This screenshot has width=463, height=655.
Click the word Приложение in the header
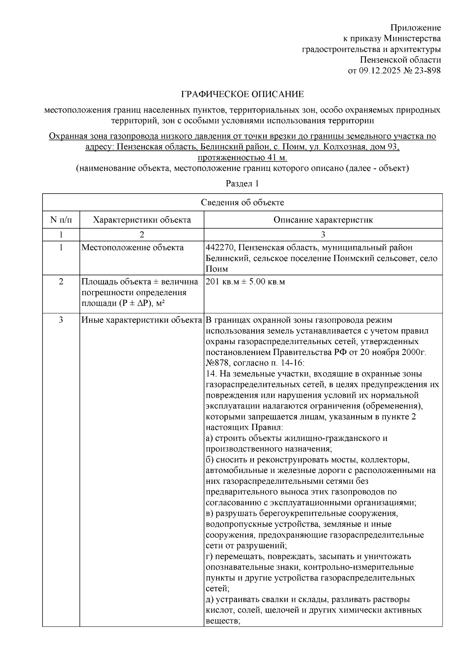tap(415, 28)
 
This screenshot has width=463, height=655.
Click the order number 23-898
tap(427, 71)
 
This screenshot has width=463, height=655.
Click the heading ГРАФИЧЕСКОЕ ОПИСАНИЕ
tap(243, 94)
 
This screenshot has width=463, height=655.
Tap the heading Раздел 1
tap(242, 184)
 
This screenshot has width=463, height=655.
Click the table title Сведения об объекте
tap(242, 203)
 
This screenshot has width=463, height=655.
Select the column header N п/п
tap(61, 220)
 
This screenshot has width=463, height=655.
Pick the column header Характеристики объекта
tap(142, 220)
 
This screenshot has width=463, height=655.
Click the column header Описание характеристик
tap(323, 220)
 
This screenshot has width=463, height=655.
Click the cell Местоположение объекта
tap(132, 248)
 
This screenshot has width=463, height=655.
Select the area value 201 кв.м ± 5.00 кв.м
tap(245, 282)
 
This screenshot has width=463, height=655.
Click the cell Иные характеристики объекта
tap(142, 320)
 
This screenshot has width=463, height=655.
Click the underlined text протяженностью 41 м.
tap(242, 158)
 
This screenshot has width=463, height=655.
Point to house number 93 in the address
tap(390, 147)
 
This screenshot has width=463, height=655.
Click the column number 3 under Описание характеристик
tap(323, 235)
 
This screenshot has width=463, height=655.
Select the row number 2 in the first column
tap(61, 282)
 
